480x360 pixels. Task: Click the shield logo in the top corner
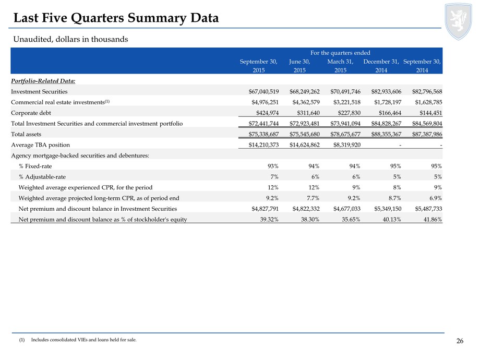click(458, 21)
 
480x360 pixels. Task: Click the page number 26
click(460, 341)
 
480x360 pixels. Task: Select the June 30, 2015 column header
click(299, 66)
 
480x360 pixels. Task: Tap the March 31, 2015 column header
click(340, 66)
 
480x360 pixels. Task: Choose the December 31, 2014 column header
click(381, 66)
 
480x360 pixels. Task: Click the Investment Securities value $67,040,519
click(263, 91)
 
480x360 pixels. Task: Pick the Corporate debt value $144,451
click(431, 113)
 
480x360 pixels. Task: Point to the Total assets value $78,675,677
click(345, 134)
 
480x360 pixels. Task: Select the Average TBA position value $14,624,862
click(305, 145)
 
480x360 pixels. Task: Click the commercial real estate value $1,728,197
click(388, 102)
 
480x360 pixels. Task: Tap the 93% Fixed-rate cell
click(273, 166)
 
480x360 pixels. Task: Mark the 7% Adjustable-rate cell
click(274, 177)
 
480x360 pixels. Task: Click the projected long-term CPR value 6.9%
click(436, 198)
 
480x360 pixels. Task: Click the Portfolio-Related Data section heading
click(43, 81)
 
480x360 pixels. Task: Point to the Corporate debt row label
click(31, 113)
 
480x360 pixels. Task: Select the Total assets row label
click(26, 134)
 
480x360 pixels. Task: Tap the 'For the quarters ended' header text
click(340, 53)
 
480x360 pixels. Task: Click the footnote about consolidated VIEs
click(78, 340)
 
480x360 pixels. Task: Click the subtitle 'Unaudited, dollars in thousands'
click(71, 39)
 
